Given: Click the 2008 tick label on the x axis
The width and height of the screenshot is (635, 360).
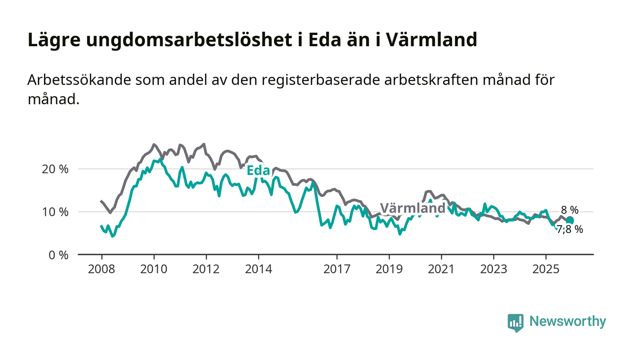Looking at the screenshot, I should (x=102, y=269).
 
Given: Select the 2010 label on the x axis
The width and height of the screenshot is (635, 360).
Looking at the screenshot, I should (x=154, y=269).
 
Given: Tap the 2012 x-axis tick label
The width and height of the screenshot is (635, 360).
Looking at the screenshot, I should (x=206, y=269).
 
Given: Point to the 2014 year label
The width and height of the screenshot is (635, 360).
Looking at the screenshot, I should (x=259, y=269).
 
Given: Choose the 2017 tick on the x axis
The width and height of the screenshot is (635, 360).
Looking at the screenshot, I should (x=337, y=269).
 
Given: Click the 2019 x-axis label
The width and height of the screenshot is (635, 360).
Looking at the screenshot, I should (x=389, y=269).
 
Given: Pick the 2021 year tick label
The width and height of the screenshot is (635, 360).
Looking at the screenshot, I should (x=441, y=269).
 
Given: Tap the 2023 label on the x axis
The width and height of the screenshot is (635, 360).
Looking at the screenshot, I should (x=493, y=269).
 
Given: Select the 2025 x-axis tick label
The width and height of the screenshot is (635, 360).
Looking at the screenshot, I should (x=546, y=269).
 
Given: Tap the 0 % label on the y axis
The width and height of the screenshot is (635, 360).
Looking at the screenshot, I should (x=59, y=255).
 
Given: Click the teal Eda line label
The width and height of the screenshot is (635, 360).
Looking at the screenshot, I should (x=258, y=170).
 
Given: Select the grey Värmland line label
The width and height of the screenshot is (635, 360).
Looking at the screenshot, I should (x=412, y=209).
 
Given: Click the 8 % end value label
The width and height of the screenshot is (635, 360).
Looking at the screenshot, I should (x=570, y=210).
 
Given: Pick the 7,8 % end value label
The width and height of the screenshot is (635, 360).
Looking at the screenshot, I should (x=570, y=229).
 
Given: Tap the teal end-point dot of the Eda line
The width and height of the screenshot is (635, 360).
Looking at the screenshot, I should (x=570, y=220).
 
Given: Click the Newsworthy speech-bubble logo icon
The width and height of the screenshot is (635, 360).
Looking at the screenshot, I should (x=515, y=323).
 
